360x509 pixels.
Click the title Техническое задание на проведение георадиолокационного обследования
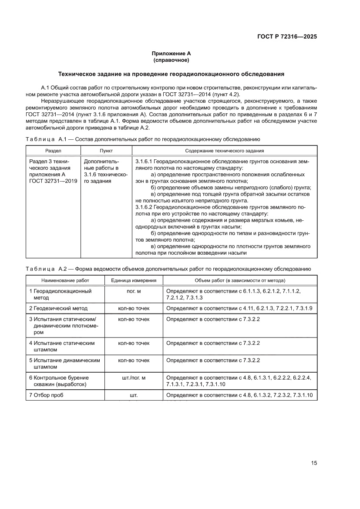click(x=171, y=74)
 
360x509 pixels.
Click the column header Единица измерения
click(x=133, y=280)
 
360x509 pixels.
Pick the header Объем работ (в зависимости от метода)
click(x=240, y=280)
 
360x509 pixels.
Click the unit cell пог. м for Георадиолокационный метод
click(x=133, y=291)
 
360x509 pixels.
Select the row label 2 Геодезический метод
click(x=58, y=308)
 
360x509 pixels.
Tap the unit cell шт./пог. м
click(x=133, y=378)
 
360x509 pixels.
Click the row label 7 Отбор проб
click(x=49, y=395)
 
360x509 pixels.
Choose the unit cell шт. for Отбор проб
click(x=133, y=395)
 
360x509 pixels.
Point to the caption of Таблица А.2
click(x=168, y=269)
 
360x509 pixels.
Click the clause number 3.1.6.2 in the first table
click(x=145, y=207)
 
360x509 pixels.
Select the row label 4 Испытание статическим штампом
click(x=62, y=346)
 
